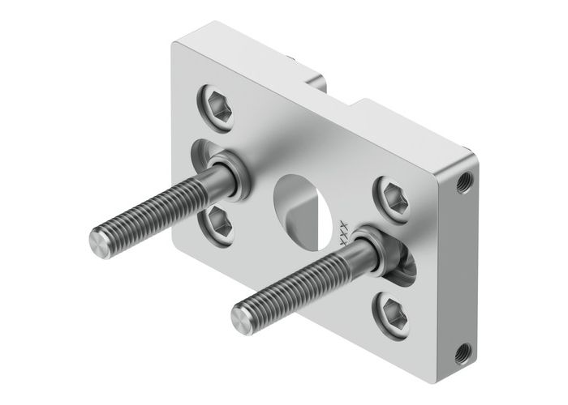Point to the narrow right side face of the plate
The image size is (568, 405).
coord(461,267)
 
